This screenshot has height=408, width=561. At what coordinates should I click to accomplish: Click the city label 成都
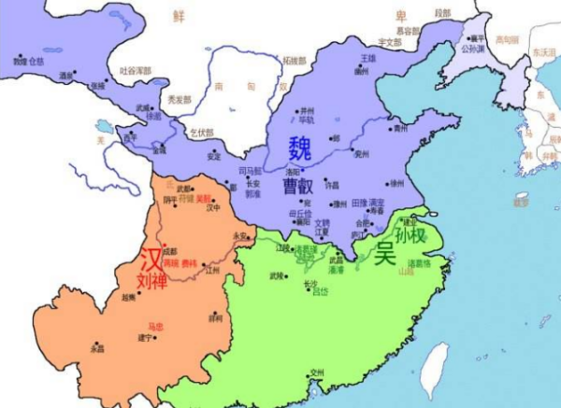pyautogui.click(x=169, y=251)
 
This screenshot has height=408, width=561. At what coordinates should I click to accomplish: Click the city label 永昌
pyautogui.click(x=97, y=347)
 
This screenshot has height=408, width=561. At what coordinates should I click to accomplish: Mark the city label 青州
pyautogui.click(x=401, y=128)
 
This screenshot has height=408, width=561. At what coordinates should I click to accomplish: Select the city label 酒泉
pyautogui.click(x=66, y=75)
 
